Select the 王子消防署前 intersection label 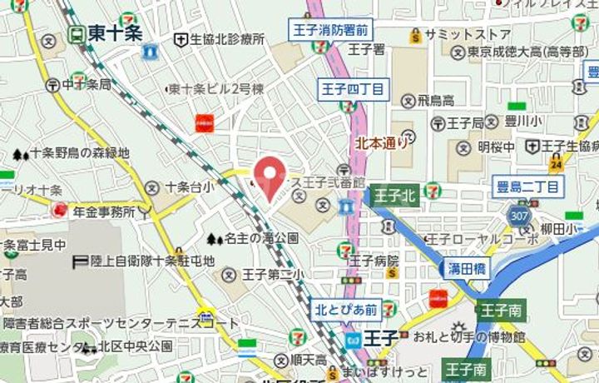(x=331, y=30)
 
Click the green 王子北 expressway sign (x=394, y=196)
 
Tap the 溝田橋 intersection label (x=467, y=269)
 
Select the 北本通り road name (x=382, y=142)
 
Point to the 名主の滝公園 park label (x=262, y=239)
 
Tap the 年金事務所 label (x=104, y=212)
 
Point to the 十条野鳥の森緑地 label (x=79, y=153)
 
